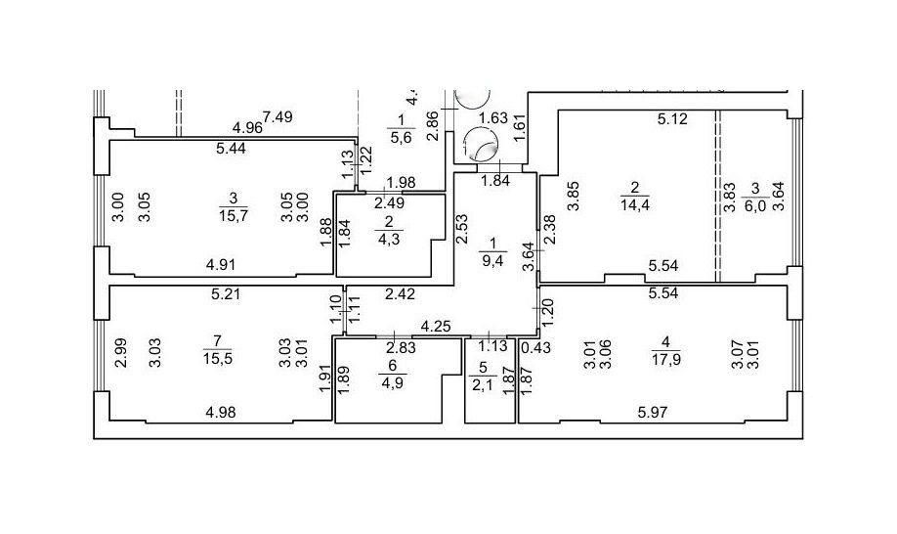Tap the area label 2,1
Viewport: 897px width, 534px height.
[480, 384]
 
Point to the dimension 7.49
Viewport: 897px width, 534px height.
[278, 116]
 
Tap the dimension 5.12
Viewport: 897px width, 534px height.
[674, 120]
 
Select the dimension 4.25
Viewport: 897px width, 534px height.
[436, 326]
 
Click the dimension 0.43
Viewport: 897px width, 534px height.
[534, 347]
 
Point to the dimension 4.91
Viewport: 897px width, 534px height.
[222, 262]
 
